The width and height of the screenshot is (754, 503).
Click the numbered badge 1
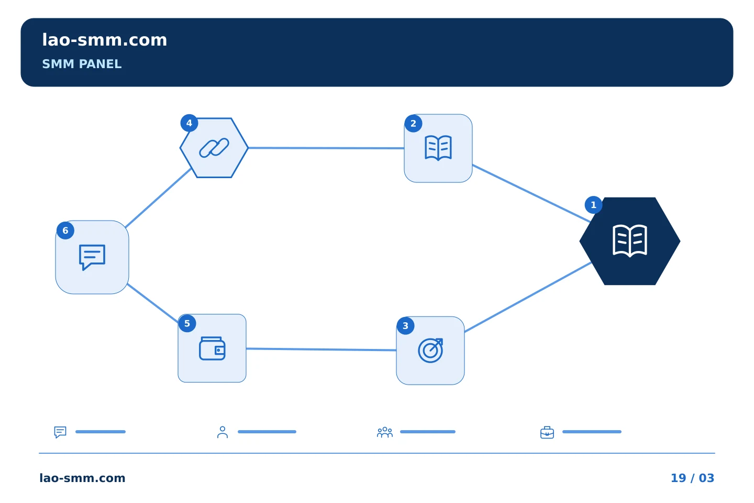pos(593,205)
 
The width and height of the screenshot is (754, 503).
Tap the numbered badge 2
pos(413,124)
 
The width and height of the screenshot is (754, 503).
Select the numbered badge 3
pos(406,326)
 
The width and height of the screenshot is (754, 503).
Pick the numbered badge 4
pos(189,123)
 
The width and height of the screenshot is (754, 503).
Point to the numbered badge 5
pos(187,323)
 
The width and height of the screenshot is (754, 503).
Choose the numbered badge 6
pos(65,231)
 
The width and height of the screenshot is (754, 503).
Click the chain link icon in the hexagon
pos(214,148)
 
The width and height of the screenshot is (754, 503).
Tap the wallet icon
pos(212,348)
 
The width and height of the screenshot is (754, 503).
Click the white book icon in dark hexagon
pos(630,240)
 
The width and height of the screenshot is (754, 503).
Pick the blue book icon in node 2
pos(438,148)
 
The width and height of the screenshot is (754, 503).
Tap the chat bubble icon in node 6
pos(92,257)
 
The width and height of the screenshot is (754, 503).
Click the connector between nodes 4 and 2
pos(326,148)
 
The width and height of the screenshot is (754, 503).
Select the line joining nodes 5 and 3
pos(321,349)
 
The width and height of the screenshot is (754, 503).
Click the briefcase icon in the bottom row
pos(547,432)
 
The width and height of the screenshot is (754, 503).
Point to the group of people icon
pos(385,432)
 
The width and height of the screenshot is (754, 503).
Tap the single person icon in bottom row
pos(223,432)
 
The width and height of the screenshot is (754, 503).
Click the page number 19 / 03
pos(692,478)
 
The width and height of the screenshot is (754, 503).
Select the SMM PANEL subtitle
pos(82,64)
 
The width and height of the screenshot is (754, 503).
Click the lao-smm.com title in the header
pos(104,40)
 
